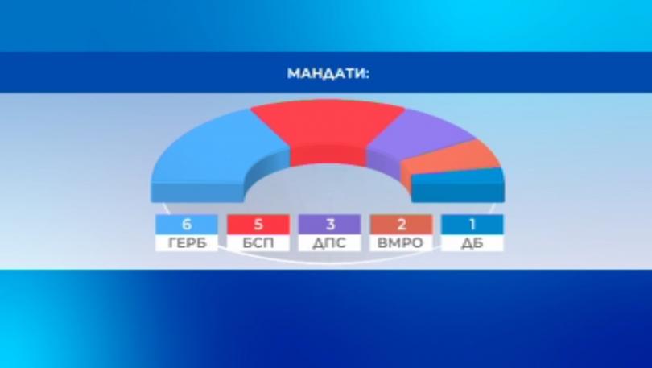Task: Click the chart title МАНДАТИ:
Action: pos(328,73)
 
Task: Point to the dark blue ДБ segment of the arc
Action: pos(457,185)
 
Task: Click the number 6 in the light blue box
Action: pos(187,225)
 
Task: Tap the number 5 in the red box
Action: pos(258,225)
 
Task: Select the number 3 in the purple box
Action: pos(330,225)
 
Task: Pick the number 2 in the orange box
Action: pos(402,225)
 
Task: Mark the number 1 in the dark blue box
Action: pos(472,225)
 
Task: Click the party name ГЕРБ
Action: pos(187,243)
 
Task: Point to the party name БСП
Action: pos(258,243)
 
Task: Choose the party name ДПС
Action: pos(329,243)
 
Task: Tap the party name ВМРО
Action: pos(400,243)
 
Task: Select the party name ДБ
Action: pos(472,243)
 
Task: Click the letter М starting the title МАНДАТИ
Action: pos(294,73)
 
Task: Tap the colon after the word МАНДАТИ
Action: pos(367,74)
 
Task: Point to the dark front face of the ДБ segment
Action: pos(458,192)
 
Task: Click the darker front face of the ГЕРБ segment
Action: pos(196,192)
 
